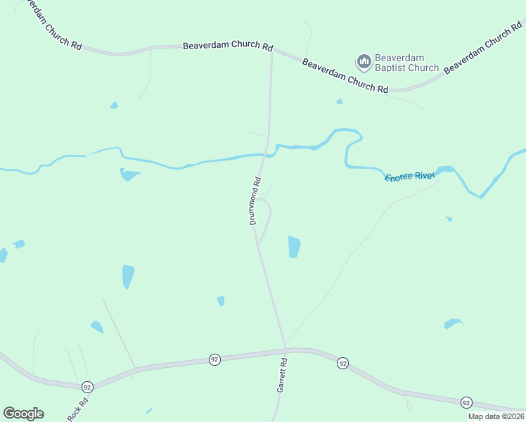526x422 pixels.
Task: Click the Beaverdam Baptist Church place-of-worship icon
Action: click(x=364, y=63)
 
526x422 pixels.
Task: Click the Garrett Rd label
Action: click(x=282, y=385)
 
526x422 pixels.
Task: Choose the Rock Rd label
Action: click(x=78, y=410)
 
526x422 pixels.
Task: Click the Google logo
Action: click(x=23, y=414)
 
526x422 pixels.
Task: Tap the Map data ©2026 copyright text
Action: click(x=496, y=416)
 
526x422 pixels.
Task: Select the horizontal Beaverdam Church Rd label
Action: click(x=227, y=46)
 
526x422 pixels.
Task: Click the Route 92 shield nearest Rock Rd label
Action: click(x=87, y=387)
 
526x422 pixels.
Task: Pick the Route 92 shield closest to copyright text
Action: click(x=466, y=402)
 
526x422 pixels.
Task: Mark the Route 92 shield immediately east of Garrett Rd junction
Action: click(x=342, y=363)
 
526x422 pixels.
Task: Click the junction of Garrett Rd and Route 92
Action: click(x=286, y=349)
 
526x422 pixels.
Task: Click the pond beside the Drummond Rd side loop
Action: click(x=294, y=246)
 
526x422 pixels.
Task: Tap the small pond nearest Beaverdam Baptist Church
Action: click(x=340, y=102)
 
